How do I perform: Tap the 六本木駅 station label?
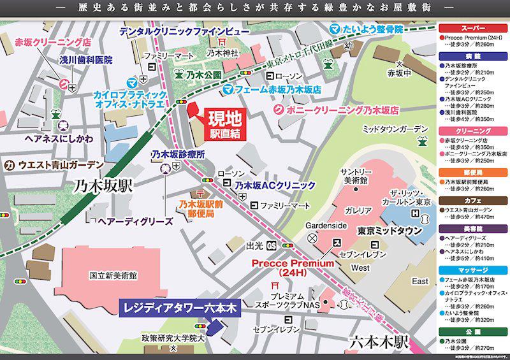coord(378,342)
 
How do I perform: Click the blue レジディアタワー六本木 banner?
coord(178,309)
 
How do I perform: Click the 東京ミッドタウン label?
coord(390,231)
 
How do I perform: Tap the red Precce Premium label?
coord(293,267)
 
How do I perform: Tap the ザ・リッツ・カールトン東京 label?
coord(416,198)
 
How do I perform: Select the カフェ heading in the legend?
coord(473,200)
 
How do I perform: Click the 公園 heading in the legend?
coord(473,331)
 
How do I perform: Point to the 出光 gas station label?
coord(255,245)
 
